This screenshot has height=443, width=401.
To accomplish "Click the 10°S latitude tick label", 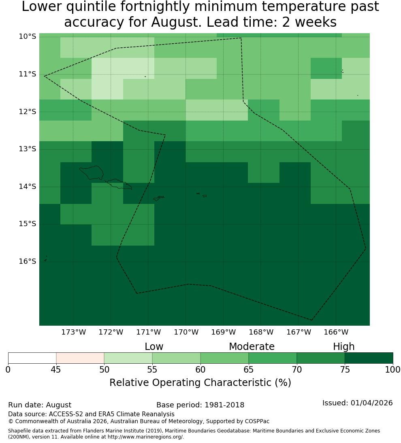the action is point(28,36).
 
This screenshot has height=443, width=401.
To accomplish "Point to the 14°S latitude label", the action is point(28,187).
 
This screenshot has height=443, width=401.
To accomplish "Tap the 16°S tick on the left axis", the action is point(28,261).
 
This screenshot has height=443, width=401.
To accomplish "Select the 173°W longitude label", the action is point(74,332).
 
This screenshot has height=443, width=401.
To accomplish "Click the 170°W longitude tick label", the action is point(186,332).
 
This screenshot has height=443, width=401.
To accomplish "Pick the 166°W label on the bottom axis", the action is point(336,332).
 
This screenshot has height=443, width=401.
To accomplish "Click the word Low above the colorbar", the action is point(154,347).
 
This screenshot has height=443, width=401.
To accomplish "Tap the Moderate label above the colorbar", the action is point(252,347).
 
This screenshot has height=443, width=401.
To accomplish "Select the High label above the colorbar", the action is point(343,347).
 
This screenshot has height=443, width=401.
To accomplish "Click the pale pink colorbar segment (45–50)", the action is point(80,358).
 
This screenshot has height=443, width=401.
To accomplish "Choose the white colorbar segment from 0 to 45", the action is point(32,358).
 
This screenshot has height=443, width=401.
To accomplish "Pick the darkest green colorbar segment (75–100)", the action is point(369,358).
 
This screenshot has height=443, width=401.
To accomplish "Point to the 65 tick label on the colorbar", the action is point(249,369).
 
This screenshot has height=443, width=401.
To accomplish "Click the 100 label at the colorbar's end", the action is point(393,369).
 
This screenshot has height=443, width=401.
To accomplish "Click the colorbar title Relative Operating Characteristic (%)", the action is point(200,383).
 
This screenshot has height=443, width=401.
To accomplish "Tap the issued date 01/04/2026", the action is point(371,403).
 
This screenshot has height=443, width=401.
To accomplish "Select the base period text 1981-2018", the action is point(224,405).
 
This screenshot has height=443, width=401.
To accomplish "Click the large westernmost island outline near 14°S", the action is point(92,173).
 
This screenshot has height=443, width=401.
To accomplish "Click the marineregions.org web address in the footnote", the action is point(145,437).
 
